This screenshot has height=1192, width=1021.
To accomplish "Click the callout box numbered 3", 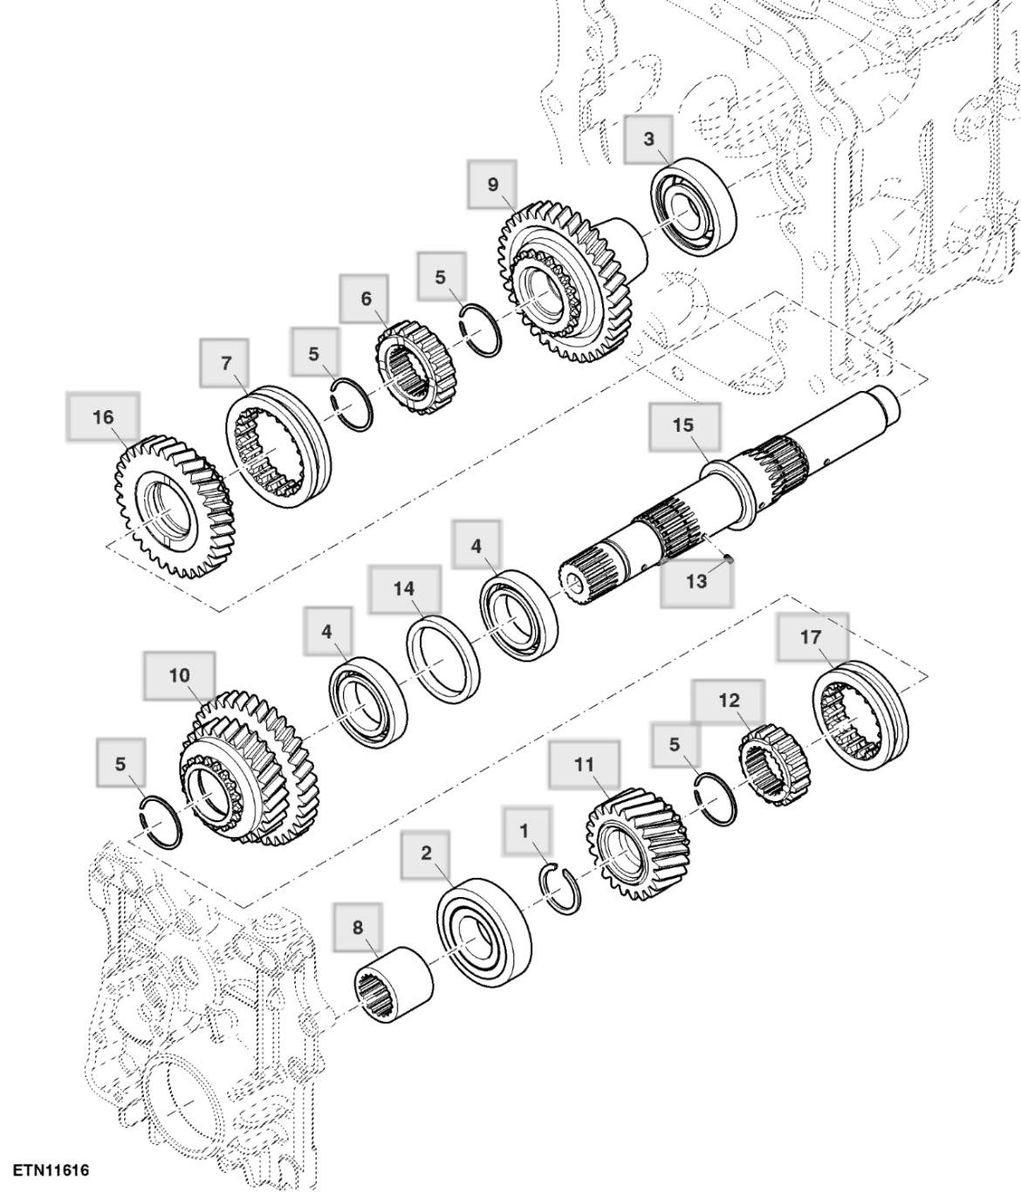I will click(648, 140).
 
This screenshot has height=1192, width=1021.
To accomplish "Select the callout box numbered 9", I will click(492, 184).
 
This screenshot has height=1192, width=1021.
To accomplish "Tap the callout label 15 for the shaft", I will click(683, 425).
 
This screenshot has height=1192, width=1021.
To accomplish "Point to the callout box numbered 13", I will click(696, 582).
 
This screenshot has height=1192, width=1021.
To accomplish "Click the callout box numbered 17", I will click(811, 637).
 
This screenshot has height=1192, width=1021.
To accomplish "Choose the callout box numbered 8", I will click(357, 928).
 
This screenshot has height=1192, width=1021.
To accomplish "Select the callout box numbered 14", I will click(403, 589).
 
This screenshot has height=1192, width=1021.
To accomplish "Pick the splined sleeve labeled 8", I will click(397, 986).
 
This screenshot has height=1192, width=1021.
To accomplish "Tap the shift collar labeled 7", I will click(278, 443).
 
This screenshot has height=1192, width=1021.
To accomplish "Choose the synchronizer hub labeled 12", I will click(775, 765).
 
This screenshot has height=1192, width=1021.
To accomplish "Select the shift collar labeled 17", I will click(861, 715).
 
